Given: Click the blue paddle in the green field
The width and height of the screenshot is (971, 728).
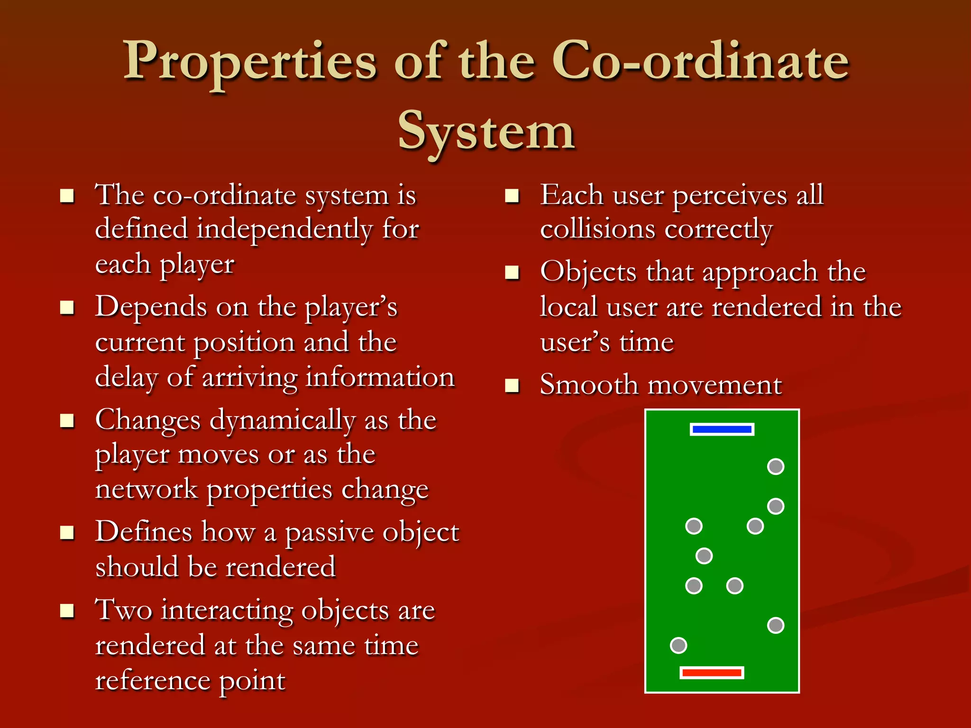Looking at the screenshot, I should click(x=722, y=429).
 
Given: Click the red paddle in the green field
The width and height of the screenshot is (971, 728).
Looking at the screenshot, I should click(x=711, y=673).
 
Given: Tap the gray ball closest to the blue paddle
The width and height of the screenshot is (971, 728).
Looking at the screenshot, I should click(x=775, y=466).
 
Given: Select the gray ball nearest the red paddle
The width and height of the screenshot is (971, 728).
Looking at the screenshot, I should click(x=678, y=645).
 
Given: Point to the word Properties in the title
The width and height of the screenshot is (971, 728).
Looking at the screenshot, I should click(x=250, y=62).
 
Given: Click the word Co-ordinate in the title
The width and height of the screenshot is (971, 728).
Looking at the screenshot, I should click(x=700, y=62).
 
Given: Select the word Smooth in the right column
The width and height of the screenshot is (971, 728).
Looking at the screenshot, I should click(x=588, y=384).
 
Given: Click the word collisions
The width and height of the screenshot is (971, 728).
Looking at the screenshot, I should click(x=598, y=229).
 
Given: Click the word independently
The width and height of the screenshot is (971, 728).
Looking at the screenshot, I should click(x=284, y=230).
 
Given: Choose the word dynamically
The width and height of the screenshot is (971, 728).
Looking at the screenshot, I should click(x=283, y=421).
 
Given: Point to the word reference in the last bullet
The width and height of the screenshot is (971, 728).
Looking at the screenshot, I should click(x=152, y=681).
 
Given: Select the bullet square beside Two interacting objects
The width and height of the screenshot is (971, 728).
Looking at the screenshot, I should click(x=67, y=611).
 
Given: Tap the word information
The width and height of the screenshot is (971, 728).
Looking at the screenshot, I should click(x=380, y=378).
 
